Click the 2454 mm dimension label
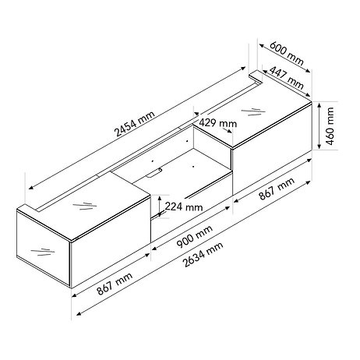point(135,124)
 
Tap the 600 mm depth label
point(287,53)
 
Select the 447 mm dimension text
point(286,77)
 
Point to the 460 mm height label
point(330,126)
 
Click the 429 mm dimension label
point(218,122)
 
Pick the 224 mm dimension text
point(184,207)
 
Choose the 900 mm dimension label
point(194,236)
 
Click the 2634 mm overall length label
point(203,254)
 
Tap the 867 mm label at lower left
point(115,284)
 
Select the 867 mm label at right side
point(277,189)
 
